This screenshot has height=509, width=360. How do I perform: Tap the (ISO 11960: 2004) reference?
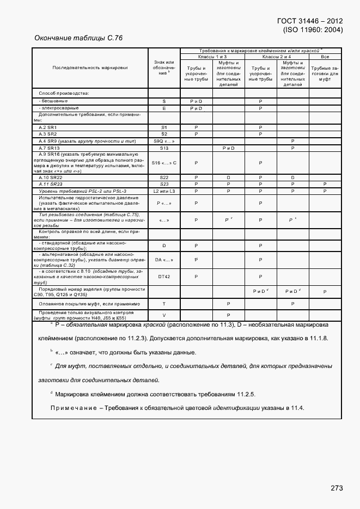(313, 30)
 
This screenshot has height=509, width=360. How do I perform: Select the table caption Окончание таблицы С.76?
(78, 38)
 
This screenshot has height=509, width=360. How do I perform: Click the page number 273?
(336, 488)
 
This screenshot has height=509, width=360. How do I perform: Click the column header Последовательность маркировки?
(90, 68)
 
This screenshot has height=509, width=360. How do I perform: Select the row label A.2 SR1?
(48, 127)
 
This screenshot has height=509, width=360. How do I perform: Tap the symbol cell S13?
(164, 148)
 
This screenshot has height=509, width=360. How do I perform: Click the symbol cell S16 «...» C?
(164, 163)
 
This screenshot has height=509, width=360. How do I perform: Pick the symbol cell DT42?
(164, 277)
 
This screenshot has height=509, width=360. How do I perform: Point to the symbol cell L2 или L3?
(164, 191)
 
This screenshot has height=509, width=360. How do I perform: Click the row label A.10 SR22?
(51, 177)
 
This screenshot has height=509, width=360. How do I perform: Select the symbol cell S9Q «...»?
(164, 141)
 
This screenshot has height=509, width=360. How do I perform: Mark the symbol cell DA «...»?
(164, 260)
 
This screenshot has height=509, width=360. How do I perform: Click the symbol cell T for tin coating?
(164, 303)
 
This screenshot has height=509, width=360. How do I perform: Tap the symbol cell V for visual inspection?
(164, 315)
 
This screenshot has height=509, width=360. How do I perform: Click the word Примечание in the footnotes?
(73, 408)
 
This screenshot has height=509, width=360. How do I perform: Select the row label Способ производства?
(64, 93)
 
